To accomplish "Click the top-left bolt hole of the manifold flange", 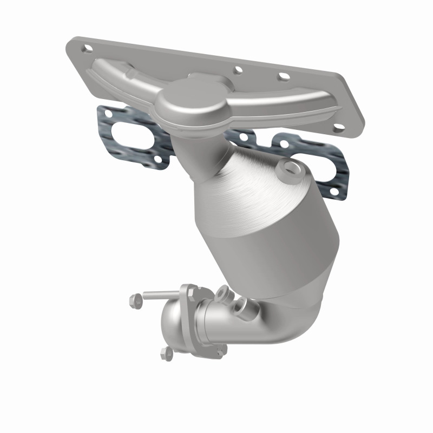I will [x=86, y=49].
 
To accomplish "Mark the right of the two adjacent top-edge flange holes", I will [x=282, y=77].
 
